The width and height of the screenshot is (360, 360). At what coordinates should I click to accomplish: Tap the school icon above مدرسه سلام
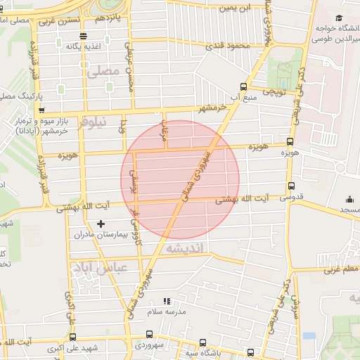[x=167, y=301]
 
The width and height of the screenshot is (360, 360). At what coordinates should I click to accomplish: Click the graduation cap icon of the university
[x=339, y=18]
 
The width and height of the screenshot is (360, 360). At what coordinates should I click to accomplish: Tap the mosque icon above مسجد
[x=349, y=200]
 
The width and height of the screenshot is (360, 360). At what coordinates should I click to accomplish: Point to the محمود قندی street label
[x=229, y=46]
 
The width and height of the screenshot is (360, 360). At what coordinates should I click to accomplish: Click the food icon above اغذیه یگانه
[x=84, y=36]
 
